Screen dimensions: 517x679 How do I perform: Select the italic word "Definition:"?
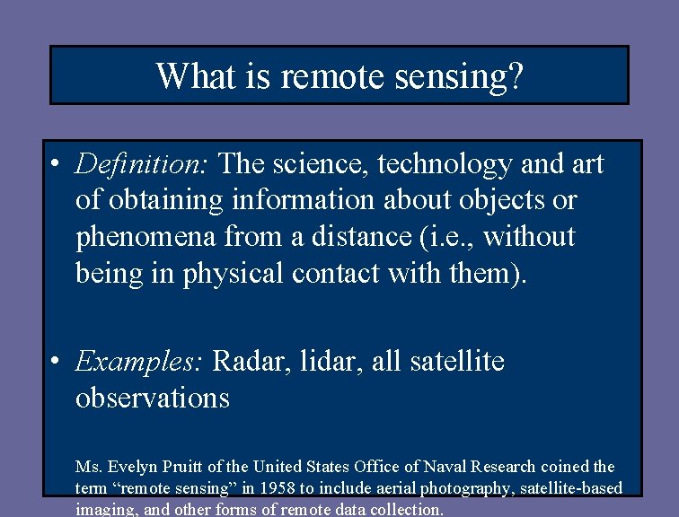143,164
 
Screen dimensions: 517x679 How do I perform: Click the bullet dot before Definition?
56,165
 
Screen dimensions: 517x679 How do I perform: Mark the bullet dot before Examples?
56,363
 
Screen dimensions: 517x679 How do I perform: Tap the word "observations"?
153,398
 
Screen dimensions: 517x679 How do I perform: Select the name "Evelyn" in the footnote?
131,467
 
